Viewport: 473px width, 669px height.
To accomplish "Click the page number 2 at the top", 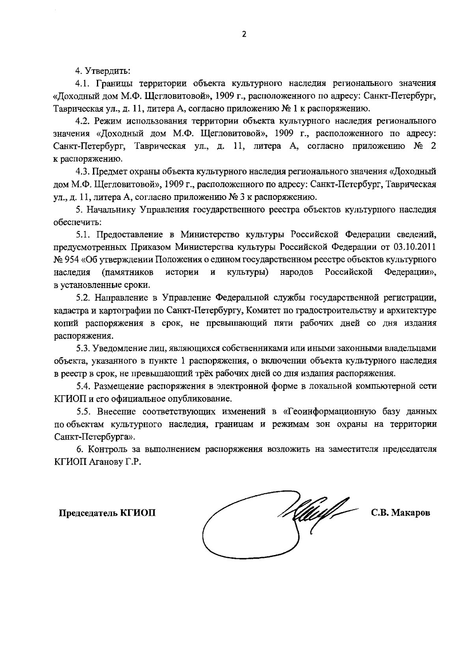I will coord(243,34).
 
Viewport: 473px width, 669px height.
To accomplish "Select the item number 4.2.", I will coord(84,121).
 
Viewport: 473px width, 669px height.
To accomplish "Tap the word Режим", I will coord(109,121).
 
